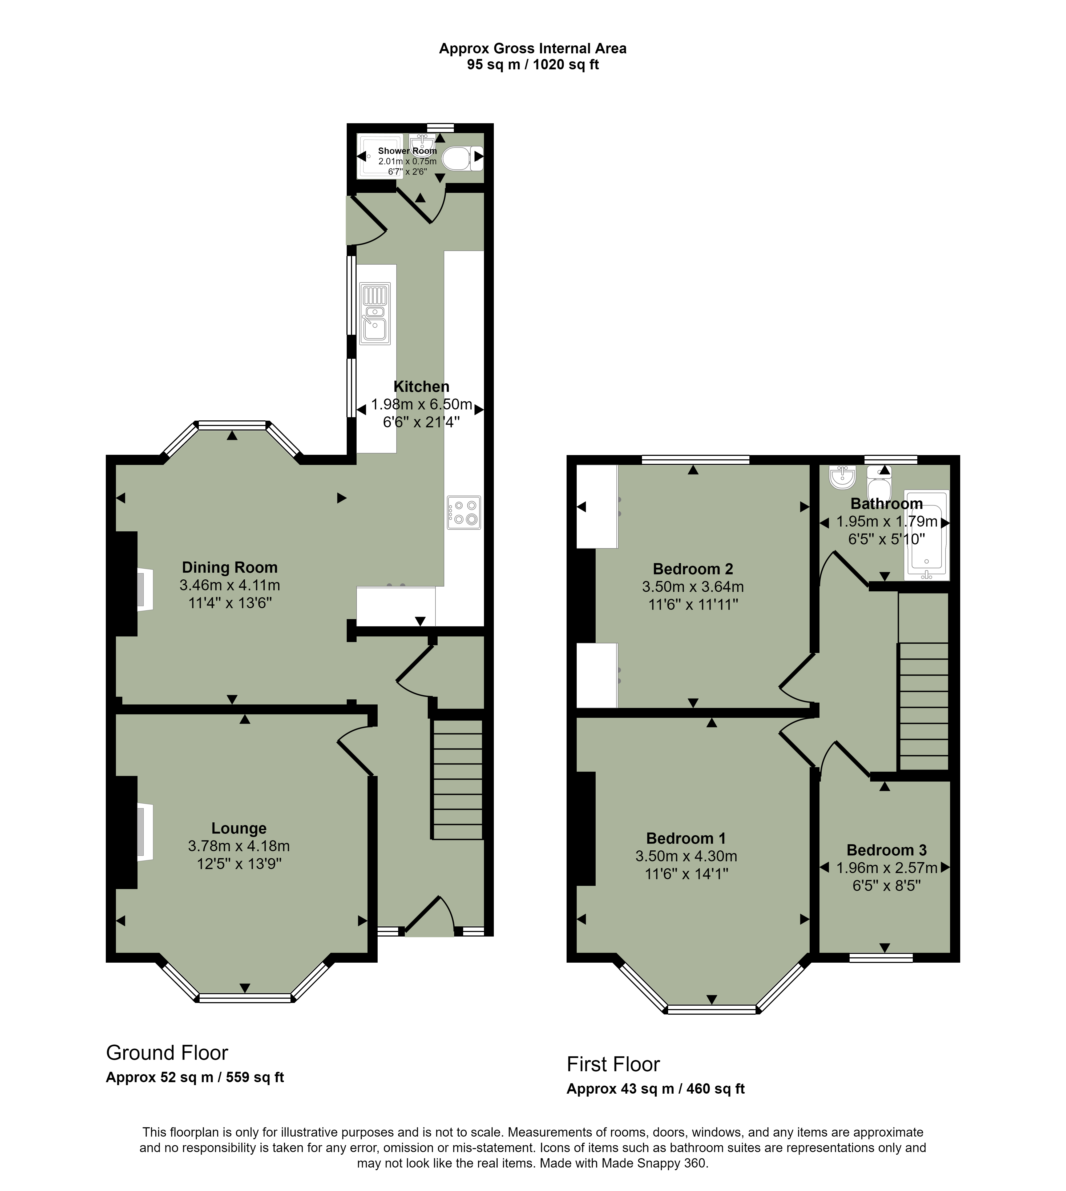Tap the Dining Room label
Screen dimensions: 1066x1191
[230, 567]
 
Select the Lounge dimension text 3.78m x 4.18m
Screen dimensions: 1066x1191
[239, 846]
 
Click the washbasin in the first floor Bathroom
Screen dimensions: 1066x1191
[842, 478]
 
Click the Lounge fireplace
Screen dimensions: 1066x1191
[136, 832]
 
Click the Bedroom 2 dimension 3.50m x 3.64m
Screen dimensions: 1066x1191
[693, 587]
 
